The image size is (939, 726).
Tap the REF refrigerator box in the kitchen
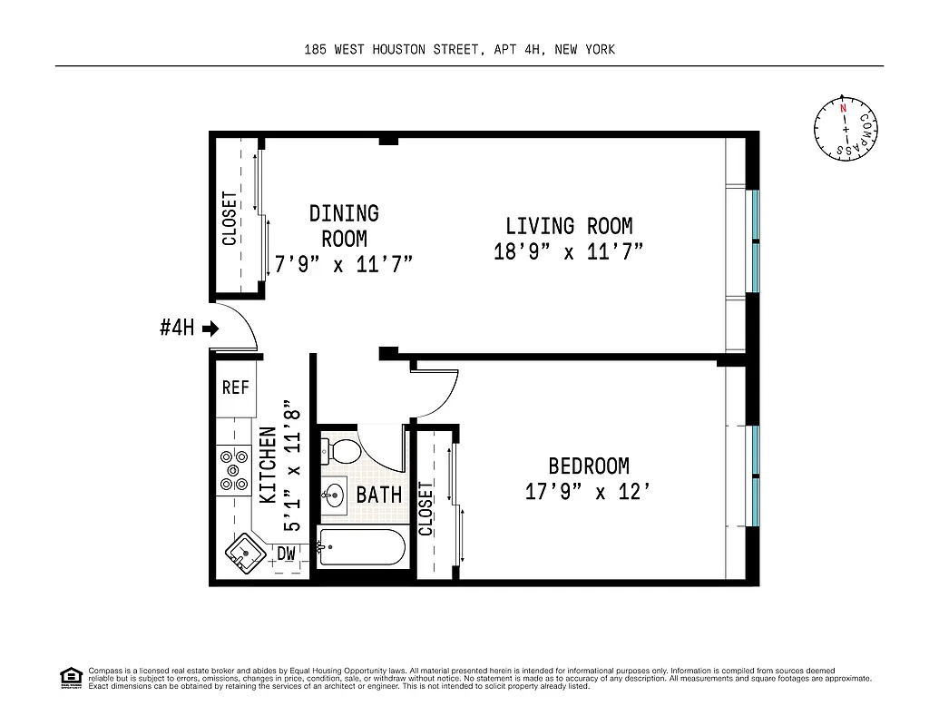coord(236,388)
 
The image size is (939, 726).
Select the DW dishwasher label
coord(286,553)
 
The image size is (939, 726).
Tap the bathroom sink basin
coord(334,495)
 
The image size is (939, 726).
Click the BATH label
coord(379,495)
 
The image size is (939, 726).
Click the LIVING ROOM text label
coord(569,226)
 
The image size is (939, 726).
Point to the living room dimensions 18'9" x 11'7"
coord(569,252)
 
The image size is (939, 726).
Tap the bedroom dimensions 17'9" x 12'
coord(588,492)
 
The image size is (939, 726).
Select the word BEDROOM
coord(589,466)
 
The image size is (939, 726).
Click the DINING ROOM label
coord(344,226)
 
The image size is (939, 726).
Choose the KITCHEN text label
coord(269,466)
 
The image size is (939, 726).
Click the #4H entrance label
coord(177,329)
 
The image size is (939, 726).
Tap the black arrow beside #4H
coord(210,329)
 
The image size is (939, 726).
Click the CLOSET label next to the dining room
coord(230,218)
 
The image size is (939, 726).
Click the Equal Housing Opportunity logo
coord(71,677)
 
